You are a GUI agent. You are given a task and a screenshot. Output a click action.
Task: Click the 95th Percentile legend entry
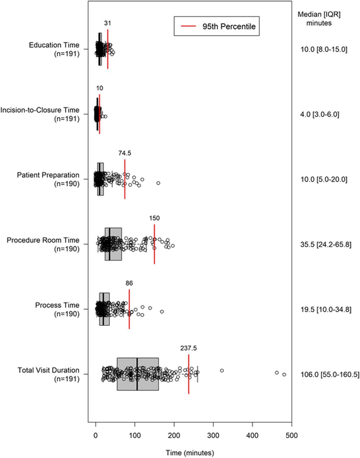coord(217,27)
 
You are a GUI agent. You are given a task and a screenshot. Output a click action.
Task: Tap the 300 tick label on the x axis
coord(213,435)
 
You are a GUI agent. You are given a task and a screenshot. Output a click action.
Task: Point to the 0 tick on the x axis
coord(96,435)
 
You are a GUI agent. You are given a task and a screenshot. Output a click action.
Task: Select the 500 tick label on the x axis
coord(291,435)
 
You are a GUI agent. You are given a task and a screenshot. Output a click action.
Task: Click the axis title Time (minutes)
coord(190,453)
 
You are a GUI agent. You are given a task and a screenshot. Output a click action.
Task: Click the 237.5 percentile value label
coord(188,348)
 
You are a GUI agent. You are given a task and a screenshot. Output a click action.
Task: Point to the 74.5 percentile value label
coord(125,153)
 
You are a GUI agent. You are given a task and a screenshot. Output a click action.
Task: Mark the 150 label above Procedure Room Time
coord(154,218)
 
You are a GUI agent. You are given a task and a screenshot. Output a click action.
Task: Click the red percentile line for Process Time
coord(129,309)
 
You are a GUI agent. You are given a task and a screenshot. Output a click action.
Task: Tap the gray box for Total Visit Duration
coord(137,374)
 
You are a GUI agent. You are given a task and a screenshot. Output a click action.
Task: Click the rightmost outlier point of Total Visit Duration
coord(284,374)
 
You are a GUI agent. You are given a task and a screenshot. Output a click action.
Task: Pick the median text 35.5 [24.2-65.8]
coord(326,244)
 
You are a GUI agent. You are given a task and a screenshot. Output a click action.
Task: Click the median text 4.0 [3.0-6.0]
coord(319,114)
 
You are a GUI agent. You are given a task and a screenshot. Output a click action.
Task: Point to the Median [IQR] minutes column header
coord(319,19)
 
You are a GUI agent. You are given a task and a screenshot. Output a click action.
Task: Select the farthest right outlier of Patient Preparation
coord(158,183)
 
